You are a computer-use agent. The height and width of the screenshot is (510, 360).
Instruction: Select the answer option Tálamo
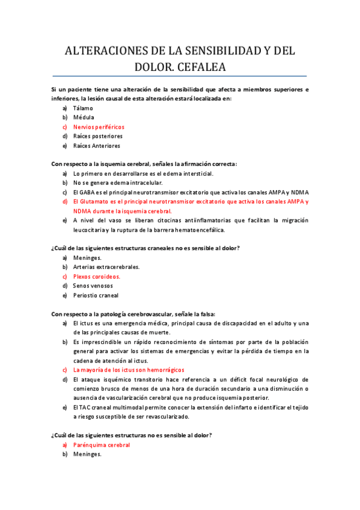click(83, 108)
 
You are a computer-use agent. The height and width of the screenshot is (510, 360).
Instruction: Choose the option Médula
click(84, 118)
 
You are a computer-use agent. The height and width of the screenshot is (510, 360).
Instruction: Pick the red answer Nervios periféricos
click(99, 127)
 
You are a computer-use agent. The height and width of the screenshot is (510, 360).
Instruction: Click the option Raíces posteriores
click(97, 137)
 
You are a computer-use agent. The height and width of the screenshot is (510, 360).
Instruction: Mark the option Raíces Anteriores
click(96, 146)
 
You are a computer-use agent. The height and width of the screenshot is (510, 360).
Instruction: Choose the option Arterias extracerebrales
click(106, 267)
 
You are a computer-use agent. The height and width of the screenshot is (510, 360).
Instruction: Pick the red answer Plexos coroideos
click(97, 277)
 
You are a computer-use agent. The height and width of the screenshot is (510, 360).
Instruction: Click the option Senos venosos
click(93, 286)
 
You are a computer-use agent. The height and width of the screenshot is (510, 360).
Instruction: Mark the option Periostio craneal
click(96, 295)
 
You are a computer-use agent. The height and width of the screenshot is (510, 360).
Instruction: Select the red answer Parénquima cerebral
click(101, 445)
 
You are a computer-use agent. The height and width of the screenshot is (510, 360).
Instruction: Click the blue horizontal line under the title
click(180, 76)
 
